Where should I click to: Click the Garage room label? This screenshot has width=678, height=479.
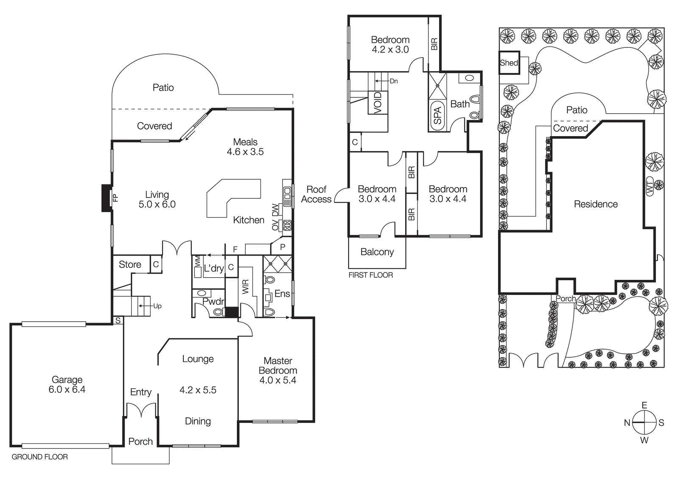coord(67,380)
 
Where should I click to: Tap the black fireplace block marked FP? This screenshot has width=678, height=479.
coord(106,198)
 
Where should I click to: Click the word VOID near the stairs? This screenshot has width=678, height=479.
coord(378,102)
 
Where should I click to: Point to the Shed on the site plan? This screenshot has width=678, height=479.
coord(509,63)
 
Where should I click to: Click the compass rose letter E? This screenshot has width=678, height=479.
coord(644,406)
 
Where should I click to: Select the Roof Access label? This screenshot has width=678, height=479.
coord(316,194)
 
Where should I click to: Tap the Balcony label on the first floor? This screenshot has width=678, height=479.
coord(377,252)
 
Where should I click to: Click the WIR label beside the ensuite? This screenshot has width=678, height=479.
coord(246,287)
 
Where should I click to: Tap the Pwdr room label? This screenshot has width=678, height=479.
coord(213,301)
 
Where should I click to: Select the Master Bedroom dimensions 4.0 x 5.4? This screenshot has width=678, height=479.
coord(278,380)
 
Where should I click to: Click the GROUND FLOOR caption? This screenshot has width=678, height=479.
coord(40,457)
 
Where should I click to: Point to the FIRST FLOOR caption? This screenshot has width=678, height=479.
coord(371,275)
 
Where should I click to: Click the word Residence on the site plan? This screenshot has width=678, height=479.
coord(595,204)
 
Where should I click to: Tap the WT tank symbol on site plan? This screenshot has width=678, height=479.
coord(650,186)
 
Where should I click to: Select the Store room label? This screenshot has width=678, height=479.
coord(130,265)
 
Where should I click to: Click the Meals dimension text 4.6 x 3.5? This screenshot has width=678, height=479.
coord(245,152)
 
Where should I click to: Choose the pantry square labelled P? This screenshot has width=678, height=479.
coord(283,247)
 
